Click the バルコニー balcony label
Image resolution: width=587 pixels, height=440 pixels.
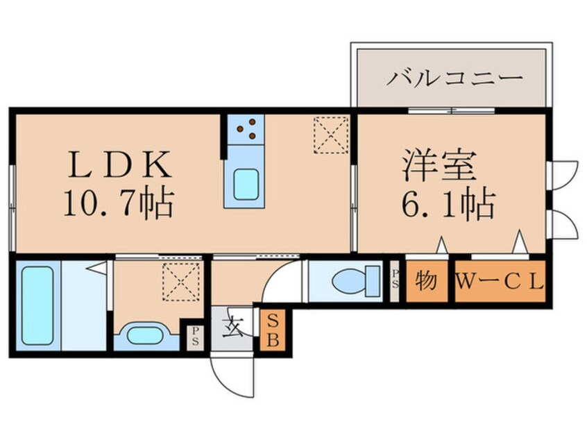(x=454, y=77)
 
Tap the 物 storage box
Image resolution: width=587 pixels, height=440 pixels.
(x=426, y=282)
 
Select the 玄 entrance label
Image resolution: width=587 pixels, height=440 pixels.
(x=231, y=325)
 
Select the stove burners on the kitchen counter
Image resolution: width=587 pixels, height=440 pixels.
(x=244, y=128)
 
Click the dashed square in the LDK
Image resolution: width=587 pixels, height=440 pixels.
(x=330, y=134)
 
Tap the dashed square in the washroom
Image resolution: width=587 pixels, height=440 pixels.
(x=176, y=280)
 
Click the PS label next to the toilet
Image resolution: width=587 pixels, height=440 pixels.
(x=395, y=280)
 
